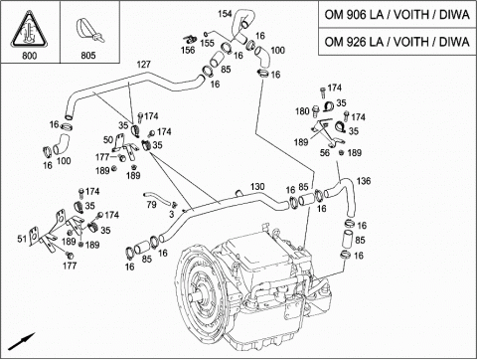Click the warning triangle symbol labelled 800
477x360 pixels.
pyautogui.click(x=29, y=29)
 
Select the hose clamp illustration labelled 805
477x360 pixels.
pyautogui.click(x=88, y=31)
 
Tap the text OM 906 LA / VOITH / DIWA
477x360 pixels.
pyautogui.click(x=397, y=15)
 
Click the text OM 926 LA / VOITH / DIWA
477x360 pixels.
pyautogui.click(x=397, y=42)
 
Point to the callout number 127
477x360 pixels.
pyautogui.click(x=143, y=65)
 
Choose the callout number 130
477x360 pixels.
pyautogui.click(x=257, y=187)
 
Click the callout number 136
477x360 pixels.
pyautogui.click(x=364, y=181)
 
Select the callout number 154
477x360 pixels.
pyautogui.click(x=225, y=14)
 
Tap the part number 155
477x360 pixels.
pyautogui.click(x=208, y=43)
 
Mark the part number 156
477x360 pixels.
pyautogui.click(x=188, y=50)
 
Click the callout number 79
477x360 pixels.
pyautogui.click(x=151, y=205)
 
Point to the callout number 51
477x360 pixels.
pyautogui.click(x=22, y=239)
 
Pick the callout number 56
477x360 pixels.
pyautogui.click(x=325, y=152)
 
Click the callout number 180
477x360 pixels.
pyautogui.click(x=302, y=111)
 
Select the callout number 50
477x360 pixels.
pyautogui.click(x=108, y=139)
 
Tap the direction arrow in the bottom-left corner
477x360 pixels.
pyautogui.click(x=22, y=341)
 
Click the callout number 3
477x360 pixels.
pyautogui.click(x=171, y=215)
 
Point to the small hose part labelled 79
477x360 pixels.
pyautogui.click(x=157, y=197)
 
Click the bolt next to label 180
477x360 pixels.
pyautogui.click(x=315, y=111)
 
